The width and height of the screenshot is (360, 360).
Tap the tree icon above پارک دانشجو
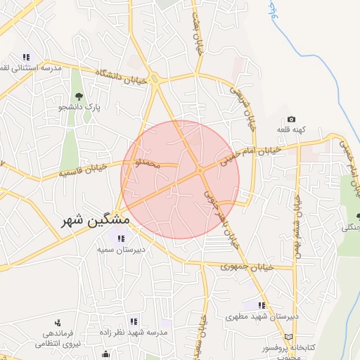(78, 96)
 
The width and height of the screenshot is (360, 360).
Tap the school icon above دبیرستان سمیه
(121, 239)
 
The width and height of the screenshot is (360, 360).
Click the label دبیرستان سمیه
(139, 250)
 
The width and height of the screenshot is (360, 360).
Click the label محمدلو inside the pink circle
(147, 163)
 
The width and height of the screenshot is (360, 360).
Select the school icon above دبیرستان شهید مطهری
(262, 305)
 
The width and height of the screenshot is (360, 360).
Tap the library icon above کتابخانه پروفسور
(288, 337)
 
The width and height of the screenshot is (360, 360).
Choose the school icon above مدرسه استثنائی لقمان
(27, 57)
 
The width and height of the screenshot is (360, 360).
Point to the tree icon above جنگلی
(348, 216)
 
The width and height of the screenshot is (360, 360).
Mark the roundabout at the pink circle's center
(200, 170)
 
